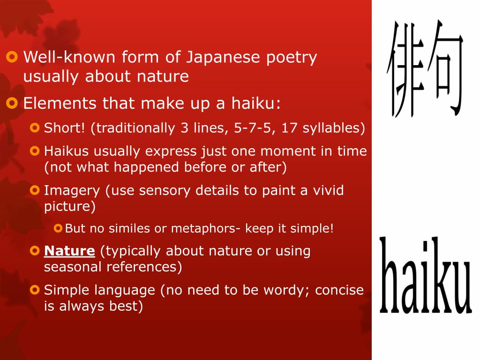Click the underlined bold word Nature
coord(69,251)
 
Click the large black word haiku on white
coord(425,277)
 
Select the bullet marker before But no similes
coord(58,229)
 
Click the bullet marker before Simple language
coord(34,290)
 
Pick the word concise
coord(339,290)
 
